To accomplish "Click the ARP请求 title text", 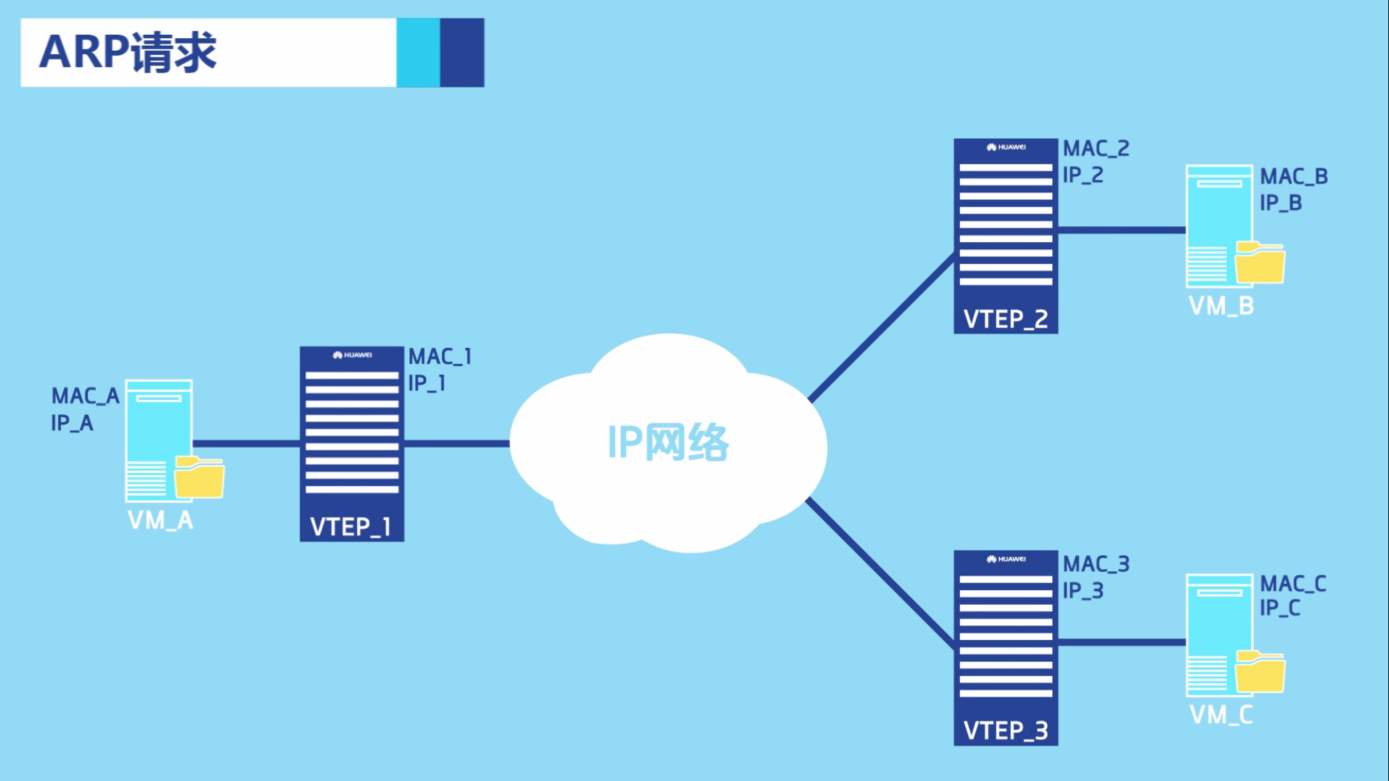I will coord(128,52).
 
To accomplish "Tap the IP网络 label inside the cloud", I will coord(668,442).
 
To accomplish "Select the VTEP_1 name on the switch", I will coord(351,527).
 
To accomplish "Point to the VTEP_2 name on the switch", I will coord(1005,319).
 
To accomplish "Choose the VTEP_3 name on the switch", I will coord(1005,731).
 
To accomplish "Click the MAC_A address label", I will coord(85,396).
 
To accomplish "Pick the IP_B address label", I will coord(1281,203).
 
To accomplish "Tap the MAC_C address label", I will coord(1293,584).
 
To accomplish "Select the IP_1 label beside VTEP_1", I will coord(426,383).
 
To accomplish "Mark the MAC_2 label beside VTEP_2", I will coord(1096,149).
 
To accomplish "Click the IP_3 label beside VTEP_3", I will coord(1082,591).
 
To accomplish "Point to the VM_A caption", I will coord(160,521).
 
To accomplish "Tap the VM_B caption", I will coord(1221,306).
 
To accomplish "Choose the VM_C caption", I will coord(1221,715).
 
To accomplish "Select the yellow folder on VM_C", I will coord(1260,673).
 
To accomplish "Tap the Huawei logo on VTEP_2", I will coord(1006,147).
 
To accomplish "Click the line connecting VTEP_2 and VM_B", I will coord(1122,230).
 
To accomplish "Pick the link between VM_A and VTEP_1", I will coord(246,444).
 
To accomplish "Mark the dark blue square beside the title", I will coord(462,53).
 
